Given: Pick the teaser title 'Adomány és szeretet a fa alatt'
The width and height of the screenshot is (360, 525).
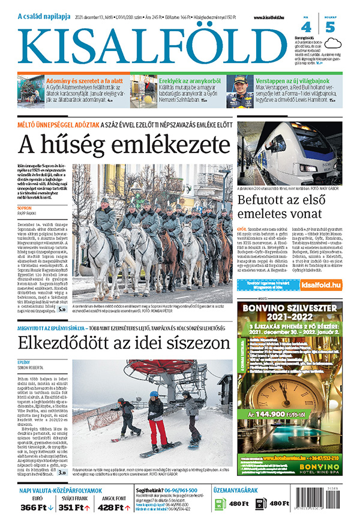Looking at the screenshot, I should point(85,80).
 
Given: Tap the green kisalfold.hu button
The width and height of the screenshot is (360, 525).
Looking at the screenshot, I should point(320,286).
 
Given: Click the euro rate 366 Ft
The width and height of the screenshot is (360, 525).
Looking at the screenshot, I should point(34,508).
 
